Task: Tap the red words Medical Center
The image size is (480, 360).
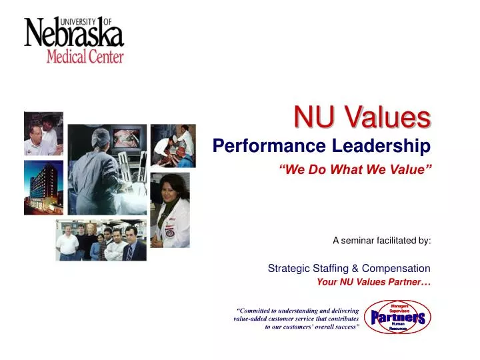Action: tap(85, 56)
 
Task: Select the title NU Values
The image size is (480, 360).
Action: tap(362, 118)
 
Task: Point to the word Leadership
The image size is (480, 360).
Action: tap(388, 145)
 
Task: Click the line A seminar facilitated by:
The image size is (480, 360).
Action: tap(381, 241)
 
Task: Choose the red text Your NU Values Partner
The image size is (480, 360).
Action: tap(373, 281)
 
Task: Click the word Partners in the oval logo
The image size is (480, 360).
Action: tap(398, 318)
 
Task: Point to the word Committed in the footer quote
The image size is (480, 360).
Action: tap(257, 311)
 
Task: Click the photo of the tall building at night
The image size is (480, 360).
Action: tap(43, 187)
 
